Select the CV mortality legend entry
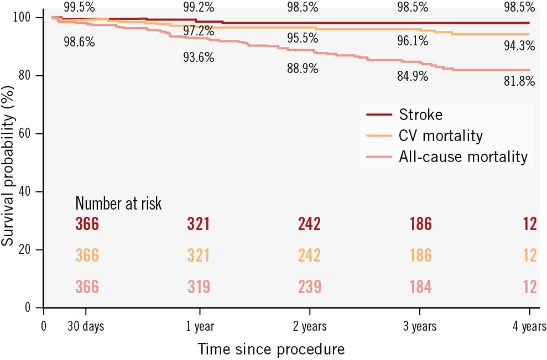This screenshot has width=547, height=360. (x=440, y=135)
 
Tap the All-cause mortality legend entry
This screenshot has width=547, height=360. (x=463, y=156)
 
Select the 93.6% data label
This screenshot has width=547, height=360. (x=199, y=58)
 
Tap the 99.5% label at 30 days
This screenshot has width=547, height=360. (x=79, y=7)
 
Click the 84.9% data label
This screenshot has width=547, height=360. (x=413, y=76)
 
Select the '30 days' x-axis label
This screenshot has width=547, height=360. (x=85, y=326)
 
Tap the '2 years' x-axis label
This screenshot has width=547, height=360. (x=310, y=326)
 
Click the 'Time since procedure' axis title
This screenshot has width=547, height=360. (x=271, y=349)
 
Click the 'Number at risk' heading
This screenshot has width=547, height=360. (x=118, y=204)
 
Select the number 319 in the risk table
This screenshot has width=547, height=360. (x=199, y=287)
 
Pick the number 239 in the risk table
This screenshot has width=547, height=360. (x=309, y=287)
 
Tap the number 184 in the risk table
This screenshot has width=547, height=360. (x=420, y=287)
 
